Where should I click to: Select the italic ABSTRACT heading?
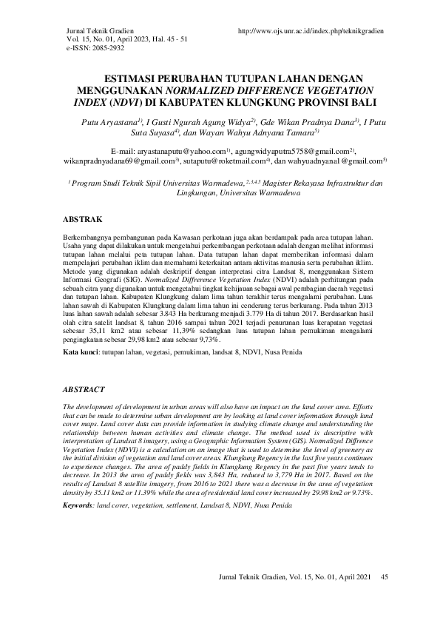tap(84, 389)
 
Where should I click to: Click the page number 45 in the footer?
tap(383, 576)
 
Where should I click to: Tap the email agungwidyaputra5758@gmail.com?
tap(297, 149)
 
